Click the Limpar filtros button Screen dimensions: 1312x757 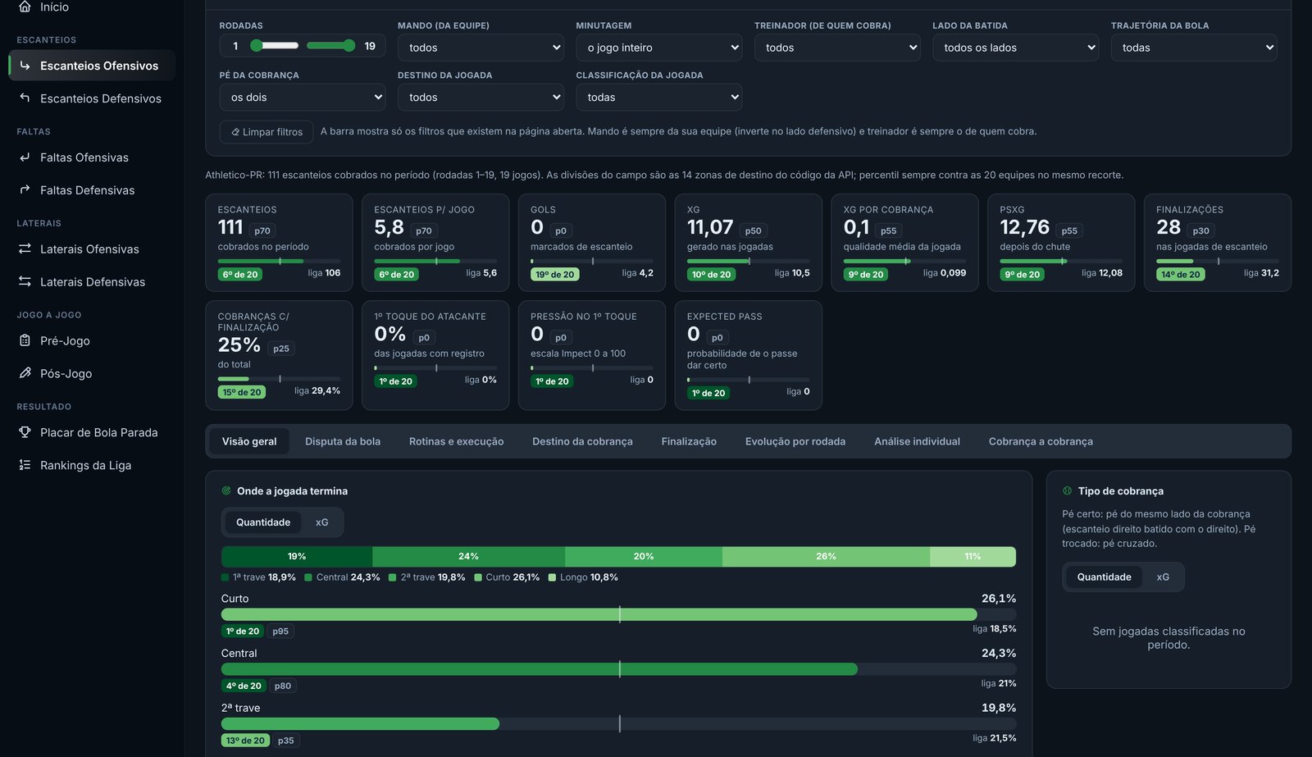coord(266,132)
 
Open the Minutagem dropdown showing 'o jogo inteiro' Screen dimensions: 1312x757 coord(659,48)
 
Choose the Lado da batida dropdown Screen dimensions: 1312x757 coord(1016,48)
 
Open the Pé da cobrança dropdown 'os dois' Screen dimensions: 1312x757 coord(303,98)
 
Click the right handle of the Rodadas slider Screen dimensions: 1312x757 coord(349,46)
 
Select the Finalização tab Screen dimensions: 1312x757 coord(689,441)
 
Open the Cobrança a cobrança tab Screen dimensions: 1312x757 coord(1041,441)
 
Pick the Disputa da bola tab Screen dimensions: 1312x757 coord(343,441)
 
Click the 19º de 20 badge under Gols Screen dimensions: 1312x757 coord(554,274)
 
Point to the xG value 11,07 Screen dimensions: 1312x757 coord(710,227)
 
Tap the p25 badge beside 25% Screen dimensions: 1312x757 coord(281,349)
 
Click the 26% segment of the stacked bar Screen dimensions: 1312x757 coord(826,556)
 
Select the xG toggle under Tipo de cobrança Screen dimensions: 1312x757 coord(1163,577)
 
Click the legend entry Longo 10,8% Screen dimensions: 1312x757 coord(583,577)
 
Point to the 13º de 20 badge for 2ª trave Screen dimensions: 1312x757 coord(245,741)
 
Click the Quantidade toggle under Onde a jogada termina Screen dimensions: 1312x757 coord(263,522)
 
